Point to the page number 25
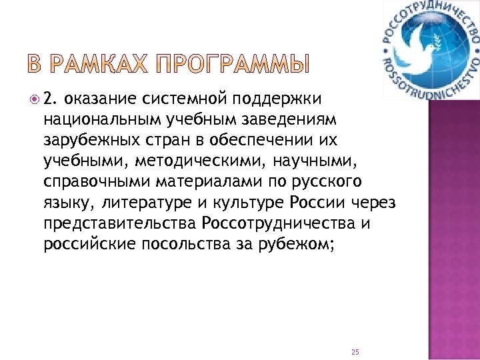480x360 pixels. click(355, 333)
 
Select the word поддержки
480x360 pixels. click(277, 100)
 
